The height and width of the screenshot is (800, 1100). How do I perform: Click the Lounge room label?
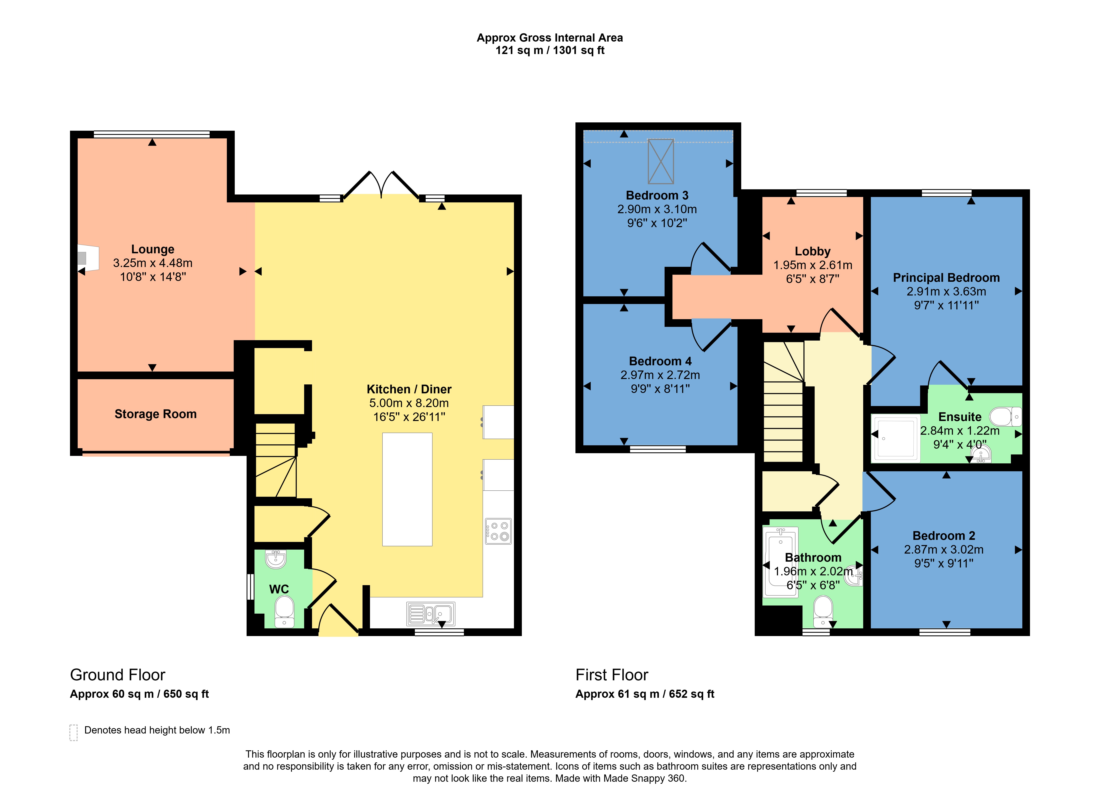click(153, 249)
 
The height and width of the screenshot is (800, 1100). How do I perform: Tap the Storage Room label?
click(156, 414)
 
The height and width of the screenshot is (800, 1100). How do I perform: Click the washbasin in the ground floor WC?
click(276, 559)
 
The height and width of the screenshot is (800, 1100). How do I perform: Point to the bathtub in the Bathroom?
click(780, 562)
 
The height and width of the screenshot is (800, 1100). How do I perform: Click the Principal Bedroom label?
click(946, 277)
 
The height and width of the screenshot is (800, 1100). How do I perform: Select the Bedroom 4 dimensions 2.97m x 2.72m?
click(660, 375)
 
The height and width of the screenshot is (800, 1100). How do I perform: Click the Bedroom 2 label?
click(944, 536)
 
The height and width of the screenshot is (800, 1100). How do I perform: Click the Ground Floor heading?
click(118, 675)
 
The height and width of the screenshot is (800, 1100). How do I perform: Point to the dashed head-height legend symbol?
click(74, 732)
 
